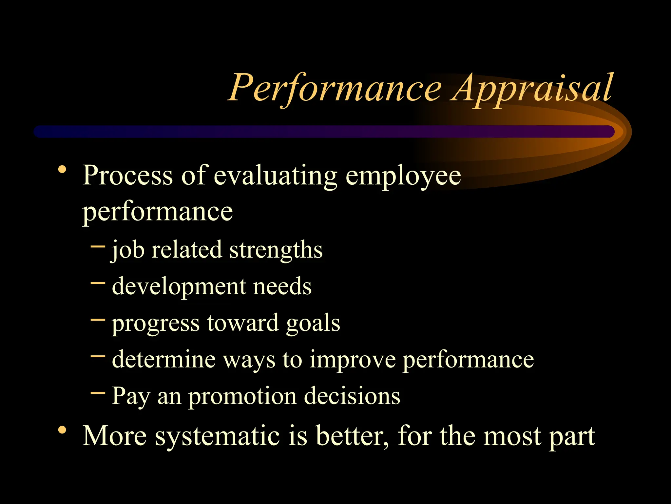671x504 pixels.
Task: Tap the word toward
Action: [243, 323]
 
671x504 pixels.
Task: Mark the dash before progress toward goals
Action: [98, 319]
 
